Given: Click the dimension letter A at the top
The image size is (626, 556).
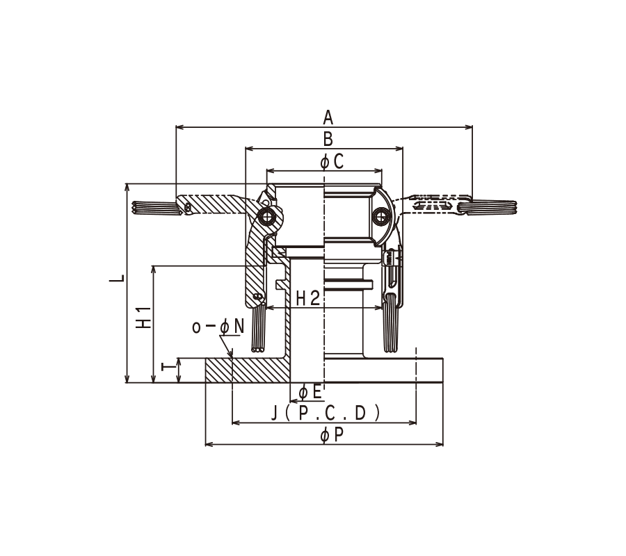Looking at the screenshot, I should click(x=328, y=117).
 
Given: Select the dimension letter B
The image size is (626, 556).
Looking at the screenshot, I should click(x=328, y=138).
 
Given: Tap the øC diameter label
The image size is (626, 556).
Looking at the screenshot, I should click(x=332, y=162).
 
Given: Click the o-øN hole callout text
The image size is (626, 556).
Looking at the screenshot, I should click(x=218, y=327).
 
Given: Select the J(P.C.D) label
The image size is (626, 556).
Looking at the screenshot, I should click(x=326, y=413).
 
